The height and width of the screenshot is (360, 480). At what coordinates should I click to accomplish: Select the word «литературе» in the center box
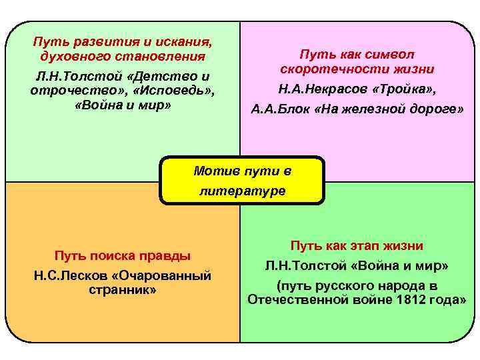[x=243, y=191]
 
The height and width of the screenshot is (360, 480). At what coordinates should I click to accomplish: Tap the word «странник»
[x=123, y=290]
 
